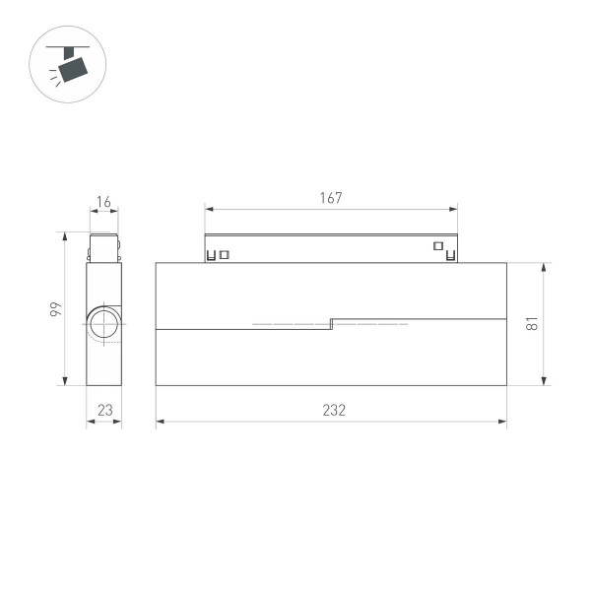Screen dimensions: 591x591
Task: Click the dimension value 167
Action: pos(331,198)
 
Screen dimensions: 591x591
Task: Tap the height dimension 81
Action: pos(532,323)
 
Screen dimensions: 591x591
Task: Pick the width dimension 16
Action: pos(103,203)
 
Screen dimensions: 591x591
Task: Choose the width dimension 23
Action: pos(103,411)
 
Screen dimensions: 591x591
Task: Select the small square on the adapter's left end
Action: pos(225,255)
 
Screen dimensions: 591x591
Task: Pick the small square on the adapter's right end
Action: pos(437,246)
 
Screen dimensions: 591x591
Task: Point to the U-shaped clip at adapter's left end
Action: pos(211,257)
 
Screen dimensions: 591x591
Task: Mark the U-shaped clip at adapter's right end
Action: pos(451,257)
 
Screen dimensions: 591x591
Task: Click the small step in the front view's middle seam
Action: pos(331,323)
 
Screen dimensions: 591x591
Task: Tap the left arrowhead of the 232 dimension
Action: pos(160,423)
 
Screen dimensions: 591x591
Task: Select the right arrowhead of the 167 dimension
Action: pos(454,209)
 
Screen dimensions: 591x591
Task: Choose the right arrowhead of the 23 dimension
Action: pos(118,423)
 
